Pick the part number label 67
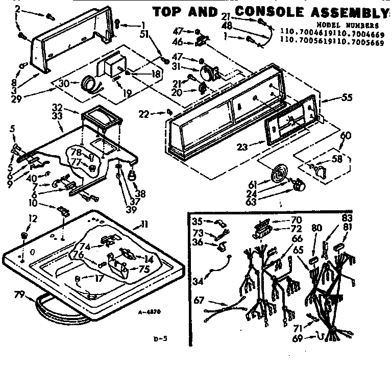pos(198,300)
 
